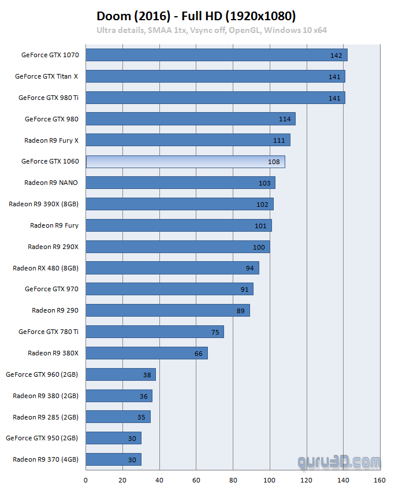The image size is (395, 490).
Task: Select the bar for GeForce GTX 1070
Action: coord(217,55)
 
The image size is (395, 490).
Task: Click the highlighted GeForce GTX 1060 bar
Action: coord(185,162)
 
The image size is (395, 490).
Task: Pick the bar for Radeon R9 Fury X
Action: coord(188,140)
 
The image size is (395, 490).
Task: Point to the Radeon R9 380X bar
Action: coord(147,353)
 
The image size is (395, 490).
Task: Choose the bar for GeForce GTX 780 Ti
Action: coord(155,332)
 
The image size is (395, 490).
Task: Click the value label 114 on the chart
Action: coord(285,119)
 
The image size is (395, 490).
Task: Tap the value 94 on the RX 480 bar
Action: coord(249,268)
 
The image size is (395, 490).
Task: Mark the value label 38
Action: coord(147,375)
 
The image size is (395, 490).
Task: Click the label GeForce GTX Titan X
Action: coord(46,76)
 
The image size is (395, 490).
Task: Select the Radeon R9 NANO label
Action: coord(51,183)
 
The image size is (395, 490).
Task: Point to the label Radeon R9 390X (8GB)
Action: coord(43,204)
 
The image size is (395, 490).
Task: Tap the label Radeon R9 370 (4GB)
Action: coord(45,459)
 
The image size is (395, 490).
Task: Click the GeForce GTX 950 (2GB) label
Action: coord(42,438)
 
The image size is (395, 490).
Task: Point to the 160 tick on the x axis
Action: coord(379,480)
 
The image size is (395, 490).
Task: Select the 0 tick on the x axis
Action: coord(86,480)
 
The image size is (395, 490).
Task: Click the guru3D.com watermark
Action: coord(340,462)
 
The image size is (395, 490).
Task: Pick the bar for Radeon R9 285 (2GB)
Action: coord(118,417)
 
